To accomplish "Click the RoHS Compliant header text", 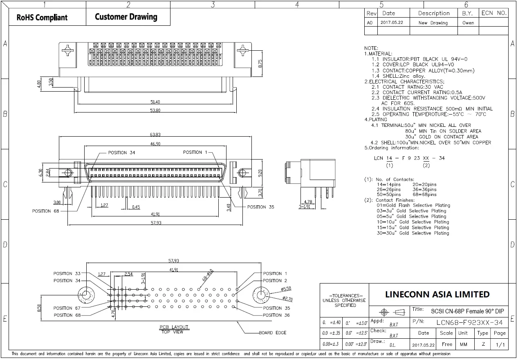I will click(42, 18).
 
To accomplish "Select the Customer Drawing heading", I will click(126, 17).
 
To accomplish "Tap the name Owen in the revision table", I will click(468, 23).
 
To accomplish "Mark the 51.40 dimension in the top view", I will click(155, 102).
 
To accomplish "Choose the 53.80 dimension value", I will click(155, 110).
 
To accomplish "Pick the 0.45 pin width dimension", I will click(136, 207).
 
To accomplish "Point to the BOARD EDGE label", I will click(272, 333).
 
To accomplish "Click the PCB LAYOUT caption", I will click(174, 327).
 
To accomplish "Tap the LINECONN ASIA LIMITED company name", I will click(437, 294).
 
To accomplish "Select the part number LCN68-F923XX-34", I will click(469, 322).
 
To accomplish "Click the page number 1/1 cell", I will click(500, 344).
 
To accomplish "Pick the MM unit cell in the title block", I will click(463, 344).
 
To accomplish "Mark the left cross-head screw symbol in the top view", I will click(67, 51).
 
